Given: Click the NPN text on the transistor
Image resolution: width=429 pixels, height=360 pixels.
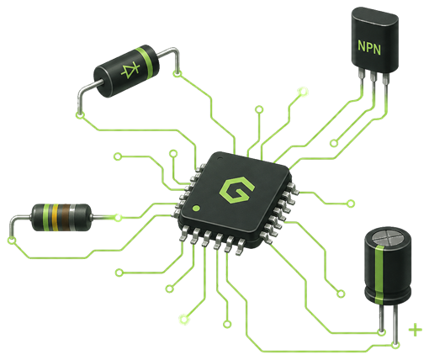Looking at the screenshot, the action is click(369, 47).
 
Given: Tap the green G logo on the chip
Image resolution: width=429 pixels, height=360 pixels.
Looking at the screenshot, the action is click(237, 190).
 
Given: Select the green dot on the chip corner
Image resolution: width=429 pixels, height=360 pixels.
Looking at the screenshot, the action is click(196, 209).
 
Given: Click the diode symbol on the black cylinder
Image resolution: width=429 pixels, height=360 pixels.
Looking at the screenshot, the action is click(130, 70).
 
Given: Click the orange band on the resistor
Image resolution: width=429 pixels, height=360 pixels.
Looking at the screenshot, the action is click(55, 218).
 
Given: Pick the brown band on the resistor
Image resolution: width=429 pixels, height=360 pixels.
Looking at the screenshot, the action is click(66, 218).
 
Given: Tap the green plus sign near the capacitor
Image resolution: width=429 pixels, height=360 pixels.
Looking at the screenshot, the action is click(416, 330).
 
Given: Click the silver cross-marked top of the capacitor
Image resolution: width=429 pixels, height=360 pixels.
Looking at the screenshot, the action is click(388, 238).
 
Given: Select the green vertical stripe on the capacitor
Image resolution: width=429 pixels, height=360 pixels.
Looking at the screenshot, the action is click(379, 274).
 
